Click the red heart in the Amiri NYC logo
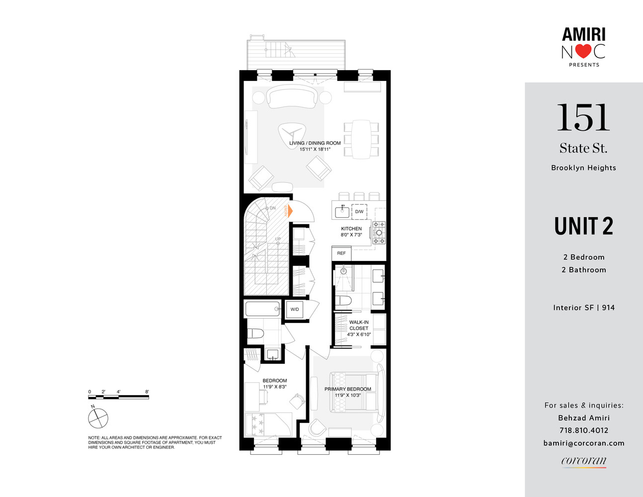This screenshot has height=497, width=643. [x=584, y=51]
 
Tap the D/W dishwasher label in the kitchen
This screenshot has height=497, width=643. [x=359, y=212]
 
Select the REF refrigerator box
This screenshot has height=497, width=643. [x=341, y=253]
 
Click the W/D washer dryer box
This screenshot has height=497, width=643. [x=295, y=310]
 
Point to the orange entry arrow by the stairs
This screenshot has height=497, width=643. [x=288, y=211]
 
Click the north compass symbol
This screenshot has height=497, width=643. [x=98, y=417]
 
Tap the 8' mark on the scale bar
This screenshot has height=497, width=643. [x=147, y=392]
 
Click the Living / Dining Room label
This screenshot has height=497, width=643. [x=315, y=143]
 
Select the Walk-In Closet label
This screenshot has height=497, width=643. [x=359, y=325]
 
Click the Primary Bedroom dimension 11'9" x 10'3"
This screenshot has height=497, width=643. [x=348, y=396]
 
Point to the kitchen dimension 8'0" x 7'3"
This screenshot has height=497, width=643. [x=351, y=235]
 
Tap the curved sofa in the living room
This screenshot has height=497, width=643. [x=293, y=96]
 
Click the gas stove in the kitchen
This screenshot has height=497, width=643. [x=379, y=233]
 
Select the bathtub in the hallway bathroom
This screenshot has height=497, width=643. [x=263, y=309]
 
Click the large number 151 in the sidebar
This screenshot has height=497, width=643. [x=583, y=118]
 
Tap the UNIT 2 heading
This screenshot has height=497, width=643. [x=583, y=226]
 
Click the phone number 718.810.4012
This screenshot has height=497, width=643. [x=583, y=430]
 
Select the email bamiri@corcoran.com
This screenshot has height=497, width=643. [x=583, y=443]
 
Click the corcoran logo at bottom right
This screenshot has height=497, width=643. [x=583, y=461]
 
